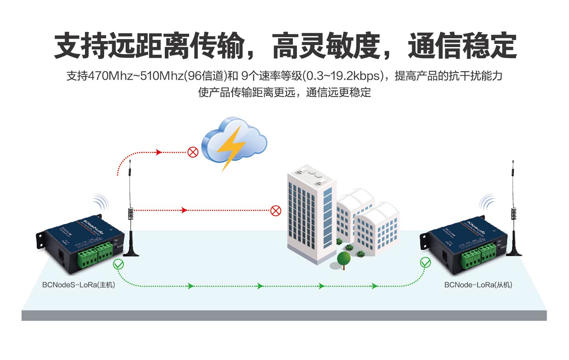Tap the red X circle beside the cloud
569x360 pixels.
pyautogui.click(x=193, y=152)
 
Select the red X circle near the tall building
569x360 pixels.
pyautogui.click(x=276, y=210)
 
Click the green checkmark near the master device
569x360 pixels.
pyautogui.click(x=119, y=264)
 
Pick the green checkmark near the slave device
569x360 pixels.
pyautogui.click(x=425, y=263)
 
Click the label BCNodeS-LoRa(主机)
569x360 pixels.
pyautogui.click(x=79, y=285)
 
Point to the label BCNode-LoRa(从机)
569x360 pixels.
pyautogui.click(x=478, y=285)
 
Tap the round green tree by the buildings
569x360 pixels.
pyautogui.click(x=344, y=259)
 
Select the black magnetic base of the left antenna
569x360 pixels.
pyautogui.click(x=131, y=252)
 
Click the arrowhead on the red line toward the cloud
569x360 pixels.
pyautogui.click(x=159, y=152)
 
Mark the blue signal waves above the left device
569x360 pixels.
pyautogui.click(x=101, y=202)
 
